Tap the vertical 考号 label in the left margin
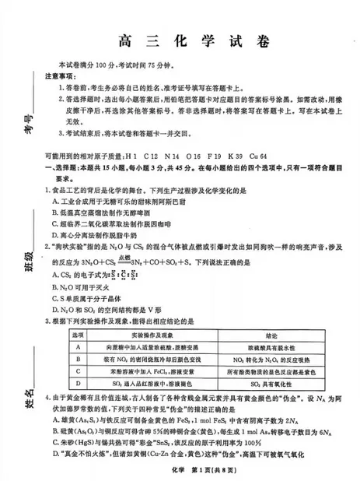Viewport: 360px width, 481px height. pos(30,123)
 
